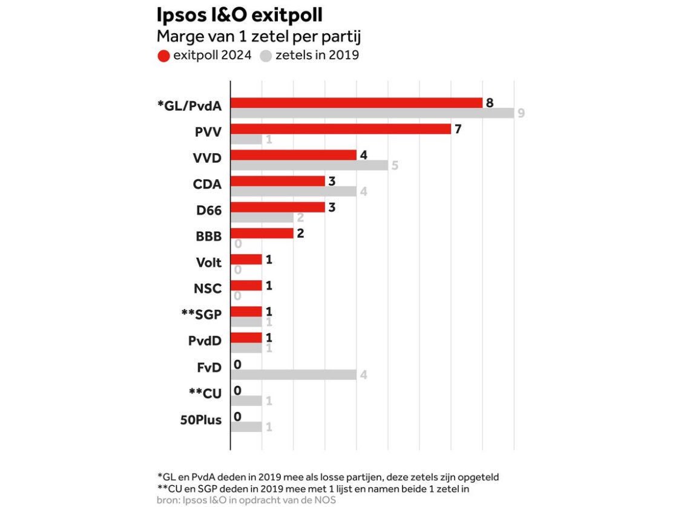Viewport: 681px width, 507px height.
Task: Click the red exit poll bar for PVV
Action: click(340, 129)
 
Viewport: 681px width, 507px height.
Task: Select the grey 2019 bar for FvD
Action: click(293, 375)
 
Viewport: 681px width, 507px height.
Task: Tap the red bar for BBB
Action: click(262, 233)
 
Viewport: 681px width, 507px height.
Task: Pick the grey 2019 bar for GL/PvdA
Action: click(372, 113)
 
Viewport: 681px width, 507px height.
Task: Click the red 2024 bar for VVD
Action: click(293, 155)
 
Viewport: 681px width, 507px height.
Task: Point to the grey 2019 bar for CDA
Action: click(293, 192)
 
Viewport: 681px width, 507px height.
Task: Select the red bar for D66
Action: click(277, 207)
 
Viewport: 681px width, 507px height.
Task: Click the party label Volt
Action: click(208, 263)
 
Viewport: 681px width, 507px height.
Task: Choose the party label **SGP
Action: click(201, 315)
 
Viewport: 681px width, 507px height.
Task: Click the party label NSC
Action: click(208, 289)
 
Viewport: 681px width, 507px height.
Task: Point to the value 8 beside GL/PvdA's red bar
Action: click(490, 102)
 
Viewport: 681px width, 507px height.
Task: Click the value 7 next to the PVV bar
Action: click(458, 128)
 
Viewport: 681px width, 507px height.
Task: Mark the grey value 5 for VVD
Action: click(395, 165)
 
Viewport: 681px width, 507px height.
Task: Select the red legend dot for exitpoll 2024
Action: click(163, 56)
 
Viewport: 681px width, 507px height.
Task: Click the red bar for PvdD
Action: click(246, 337)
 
